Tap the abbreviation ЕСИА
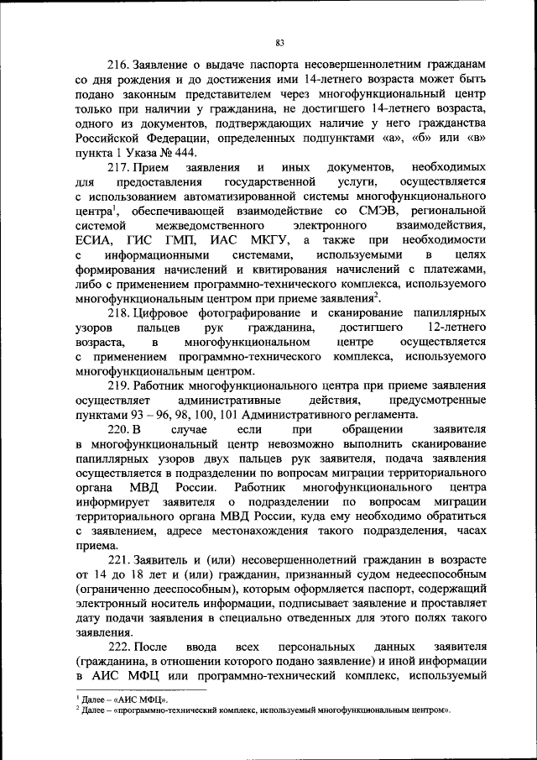click(93, 241)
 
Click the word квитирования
click(289, 270)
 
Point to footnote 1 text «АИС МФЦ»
click(142, 699)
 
